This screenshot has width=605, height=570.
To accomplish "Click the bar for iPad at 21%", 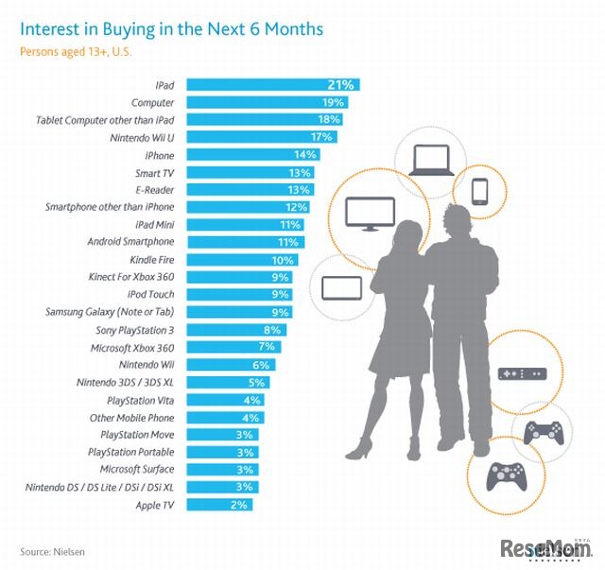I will click(272, 85).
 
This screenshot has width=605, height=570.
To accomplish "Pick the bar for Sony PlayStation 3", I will click(236, 330).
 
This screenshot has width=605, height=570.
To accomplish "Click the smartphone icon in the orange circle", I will click(478, 190).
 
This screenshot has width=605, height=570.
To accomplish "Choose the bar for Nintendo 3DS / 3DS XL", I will click(231, 382).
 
